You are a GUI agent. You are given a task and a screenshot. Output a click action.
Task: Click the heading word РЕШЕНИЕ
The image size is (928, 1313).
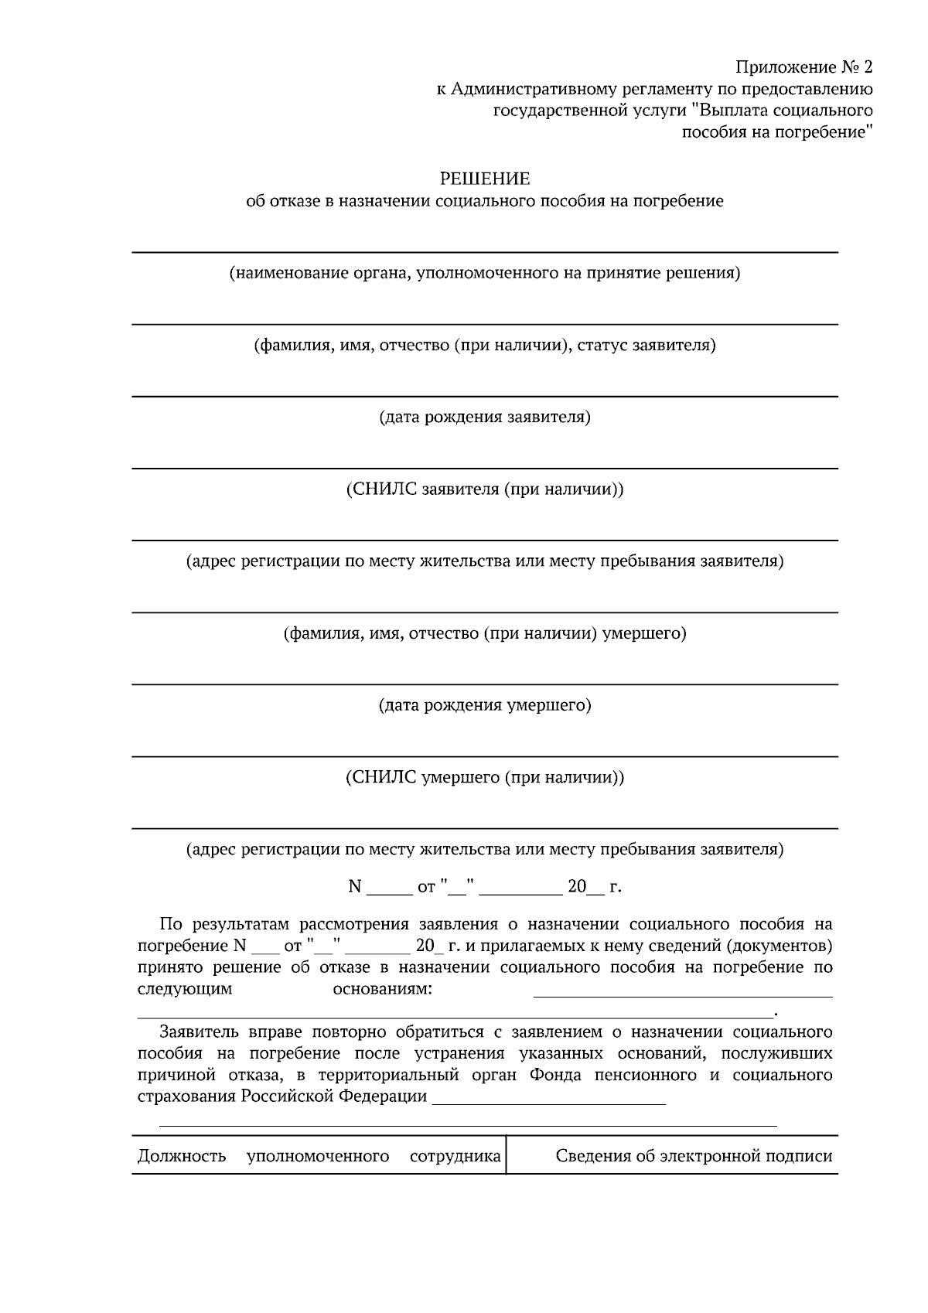click(x=485, y=179)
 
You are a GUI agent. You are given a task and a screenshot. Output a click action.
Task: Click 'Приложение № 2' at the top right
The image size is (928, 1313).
click(x=803, y=67)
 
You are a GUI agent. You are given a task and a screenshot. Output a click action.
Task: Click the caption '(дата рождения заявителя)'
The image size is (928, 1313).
click(x=485, y=418)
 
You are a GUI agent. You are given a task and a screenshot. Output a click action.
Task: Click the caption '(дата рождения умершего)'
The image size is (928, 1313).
click(x=485, y=705)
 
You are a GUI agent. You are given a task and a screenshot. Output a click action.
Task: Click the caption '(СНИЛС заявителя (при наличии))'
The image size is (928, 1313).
click(x=485, y=489)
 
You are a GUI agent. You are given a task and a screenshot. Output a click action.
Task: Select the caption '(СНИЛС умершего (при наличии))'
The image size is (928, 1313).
click(x=485, y=777)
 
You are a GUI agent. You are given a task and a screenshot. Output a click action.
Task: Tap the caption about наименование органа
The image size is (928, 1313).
click(x=485, y=273)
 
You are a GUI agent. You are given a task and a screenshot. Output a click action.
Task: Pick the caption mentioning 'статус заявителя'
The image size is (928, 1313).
click(x=485, y=345)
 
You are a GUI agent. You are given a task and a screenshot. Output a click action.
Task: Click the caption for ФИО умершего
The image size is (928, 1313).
click(x=485, y=633)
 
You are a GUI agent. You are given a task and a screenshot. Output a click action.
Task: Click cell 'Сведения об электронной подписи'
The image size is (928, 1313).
click(x=694, y=1156)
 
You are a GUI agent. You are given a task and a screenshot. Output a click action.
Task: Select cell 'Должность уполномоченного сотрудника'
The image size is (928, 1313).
click(x=319, y=1156)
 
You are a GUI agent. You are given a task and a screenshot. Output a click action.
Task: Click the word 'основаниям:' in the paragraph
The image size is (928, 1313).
click(x=382, y=989)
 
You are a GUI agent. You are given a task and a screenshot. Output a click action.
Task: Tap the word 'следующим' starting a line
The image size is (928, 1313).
click(x=185, y=989)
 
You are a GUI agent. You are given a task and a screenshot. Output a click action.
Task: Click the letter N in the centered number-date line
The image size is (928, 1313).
click(x=355, y=887)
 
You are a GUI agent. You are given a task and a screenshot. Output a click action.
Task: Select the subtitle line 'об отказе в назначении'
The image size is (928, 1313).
click(x=485, y=202)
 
